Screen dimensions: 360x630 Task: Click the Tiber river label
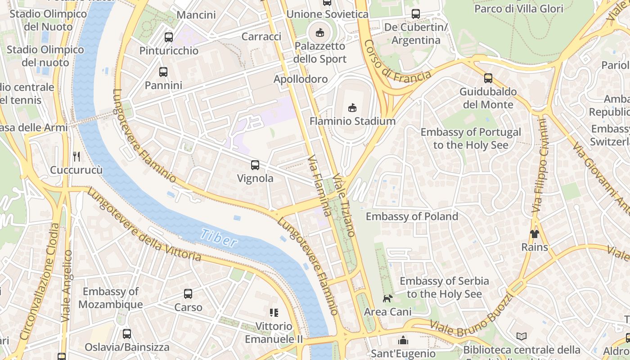point(219,238)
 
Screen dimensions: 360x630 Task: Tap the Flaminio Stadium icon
point(352,108)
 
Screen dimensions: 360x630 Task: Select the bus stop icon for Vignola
point(255,165)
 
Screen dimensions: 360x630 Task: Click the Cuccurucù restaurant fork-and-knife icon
point(76,157)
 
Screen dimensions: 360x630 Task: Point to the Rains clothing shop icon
point(534,234)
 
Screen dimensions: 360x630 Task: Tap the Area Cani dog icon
point(387,298)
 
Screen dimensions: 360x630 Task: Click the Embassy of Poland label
point(412,216)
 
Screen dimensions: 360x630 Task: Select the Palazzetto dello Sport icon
point(320,32)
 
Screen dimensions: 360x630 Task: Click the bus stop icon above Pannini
point(163,72)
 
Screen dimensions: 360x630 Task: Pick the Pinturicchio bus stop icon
point(169,37)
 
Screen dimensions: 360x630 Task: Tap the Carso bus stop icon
point(188,294)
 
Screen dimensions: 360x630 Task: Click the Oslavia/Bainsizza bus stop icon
point(127,334)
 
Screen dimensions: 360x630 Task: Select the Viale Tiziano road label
point(345,205)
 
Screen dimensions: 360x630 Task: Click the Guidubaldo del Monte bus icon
point(488,78)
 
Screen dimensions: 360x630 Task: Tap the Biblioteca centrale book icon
point(522,337)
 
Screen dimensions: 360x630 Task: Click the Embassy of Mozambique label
point(111,298)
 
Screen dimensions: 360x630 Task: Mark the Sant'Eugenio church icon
point(403,340)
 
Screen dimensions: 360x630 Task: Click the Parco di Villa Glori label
point(519,9)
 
